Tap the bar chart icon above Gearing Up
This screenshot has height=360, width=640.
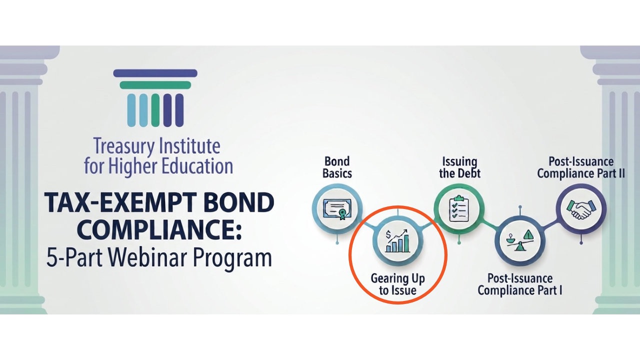coord(397,241)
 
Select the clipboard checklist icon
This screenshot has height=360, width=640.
coord(459,208)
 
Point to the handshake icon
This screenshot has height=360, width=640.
coord(581,209)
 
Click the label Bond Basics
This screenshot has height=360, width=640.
coord(337,167)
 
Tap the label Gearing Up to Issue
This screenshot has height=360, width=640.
coord(397,284)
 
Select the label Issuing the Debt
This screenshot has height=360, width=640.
coord(459,167)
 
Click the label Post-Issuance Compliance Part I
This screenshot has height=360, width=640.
coord(520,284)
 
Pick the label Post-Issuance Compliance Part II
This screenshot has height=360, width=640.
coord(581,167)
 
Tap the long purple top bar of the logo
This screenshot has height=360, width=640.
coord(155,73)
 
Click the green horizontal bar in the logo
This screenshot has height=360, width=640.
coord(155,85)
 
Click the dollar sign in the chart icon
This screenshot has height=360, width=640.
coord(388,235)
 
